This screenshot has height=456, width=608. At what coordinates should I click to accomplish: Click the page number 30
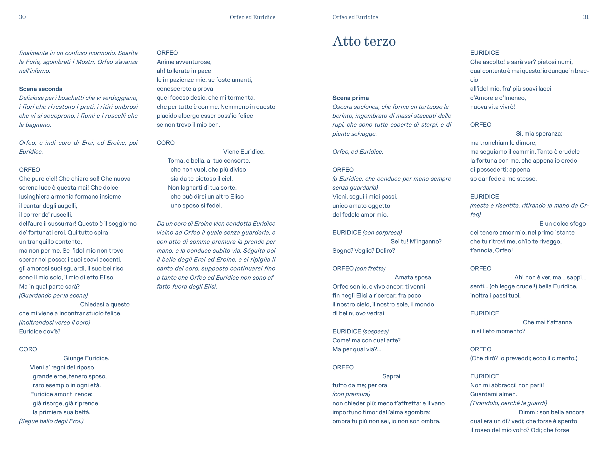(22, 17)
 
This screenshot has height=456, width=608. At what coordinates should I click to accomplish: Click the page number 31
(586, 17)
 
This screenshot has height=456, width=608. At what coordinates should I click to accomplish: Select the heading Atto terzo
(364, 41)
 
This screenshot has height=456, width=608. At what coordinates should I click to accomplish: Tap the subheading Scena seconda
(41, 89)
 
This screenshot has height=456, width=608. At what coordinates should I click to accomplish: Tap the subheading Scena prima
(351, 98)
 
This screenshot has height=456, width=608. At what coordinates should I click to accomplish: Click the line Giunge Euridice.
(86, 358)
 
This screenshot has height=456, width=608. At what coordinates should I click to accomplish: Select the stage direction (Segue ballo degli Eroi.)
(51, 421)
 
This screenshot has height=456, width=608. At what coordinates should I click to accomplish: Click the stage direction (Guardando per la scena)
(53, 296)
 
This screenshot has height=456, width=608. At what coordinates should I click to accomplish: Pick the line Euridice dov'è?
(40, 332)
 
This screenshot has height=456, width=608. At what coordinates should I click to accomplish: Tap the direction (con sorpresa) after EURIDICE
(382, 233)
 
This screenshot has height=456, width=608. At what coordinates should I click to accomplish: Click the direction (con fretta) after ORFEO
(370, 268)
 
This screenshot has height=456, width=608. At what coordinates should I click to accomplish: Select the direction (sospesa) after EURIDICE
(375, 332)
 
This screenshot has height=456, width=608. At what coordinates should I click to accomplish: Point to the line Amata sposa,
(413, 277)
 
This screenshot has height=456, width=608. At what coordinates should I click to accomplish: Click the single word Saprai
(391, 376)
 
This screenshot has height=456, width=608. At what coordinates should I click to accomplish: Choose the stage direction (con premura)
(351, 394)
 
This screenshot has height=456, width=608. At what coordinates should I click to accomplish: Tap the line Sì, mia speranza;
(539, 134)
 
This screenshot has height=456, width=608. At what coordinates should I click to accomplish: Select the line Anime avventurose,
(184, 62)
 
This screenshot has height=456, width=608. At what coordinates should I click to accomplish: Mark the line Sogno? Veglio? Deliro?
(364, 251)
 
